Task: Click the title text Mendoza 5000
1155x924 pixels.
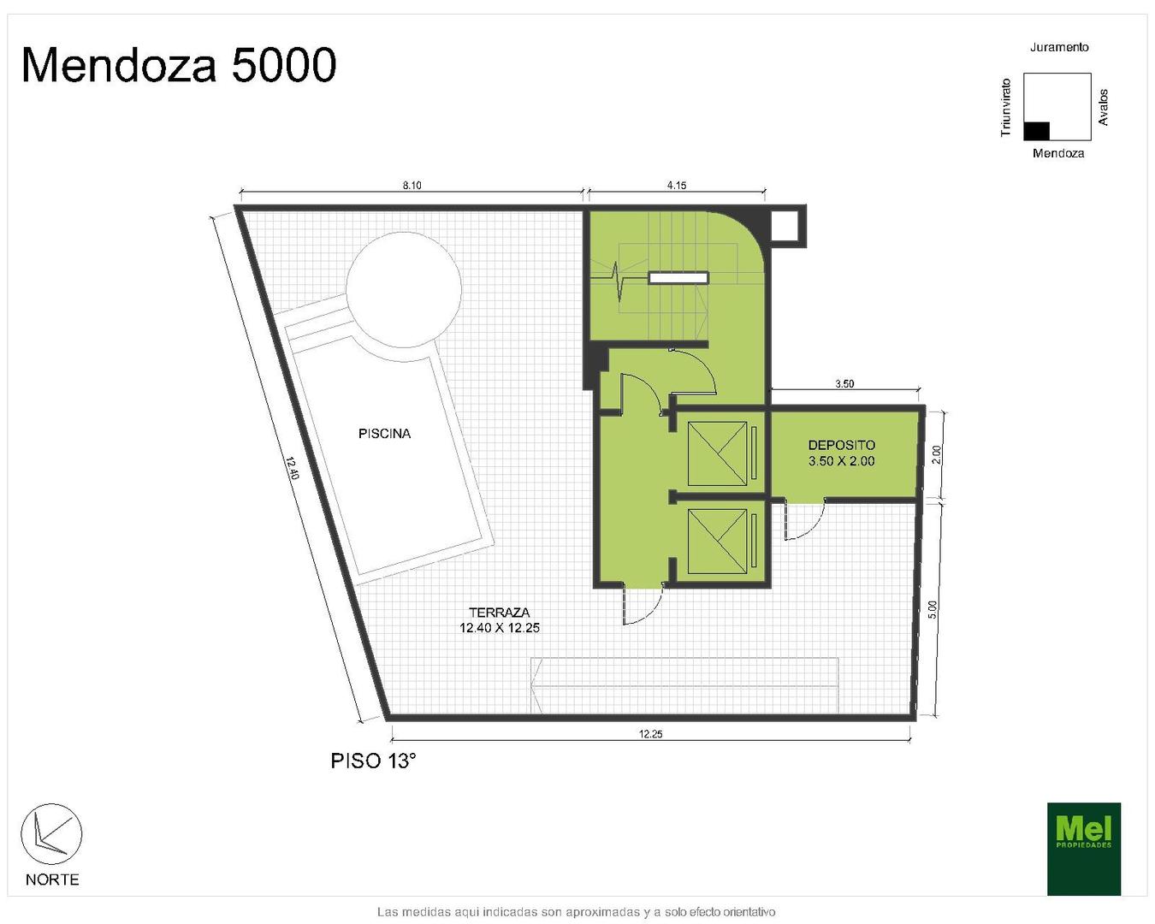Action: click(x=179, y=65)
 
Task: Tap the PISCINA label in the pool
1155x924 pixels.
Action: click(x=384, y=433)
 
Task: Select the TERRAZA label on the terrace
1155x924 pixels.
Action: click(x=499, y=612)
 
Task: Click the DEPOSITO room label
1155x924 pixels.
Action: click(x=841, y=445)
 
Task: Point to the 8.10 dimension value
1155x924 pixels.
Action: click(x=412, y=186)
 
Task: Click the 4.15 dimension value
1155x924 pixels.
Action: click(x=676, y=186)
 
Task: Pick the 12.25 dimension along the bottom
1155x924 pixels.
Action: click(x=650, y=734)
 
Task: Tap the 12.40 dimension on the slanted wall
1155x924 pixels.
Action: click(x=292, y=468)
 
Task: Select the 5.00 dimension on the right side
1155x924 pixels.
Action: click(x=933, y=609)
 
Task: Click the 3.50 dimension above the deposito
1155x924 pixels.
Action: click(x=844, y=384)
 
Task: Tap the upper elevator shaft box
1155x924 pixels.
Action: click(x=717, y=453)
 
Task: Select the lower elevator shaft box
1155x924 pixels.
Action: click(x=717, y=542)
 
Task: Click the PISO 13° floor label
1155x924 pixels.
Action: click(x=373, y=761)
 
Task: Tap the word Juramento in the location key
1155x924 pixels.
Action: click(x=1059, y=47)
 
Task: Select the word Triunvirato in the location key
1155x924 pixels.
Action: click(x=1006, y=108)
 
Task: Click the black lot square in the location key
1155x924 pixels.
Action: click(x=1036, y=131)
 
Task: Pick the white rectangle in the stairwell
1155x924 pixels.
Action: click(x=678, y=278)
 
